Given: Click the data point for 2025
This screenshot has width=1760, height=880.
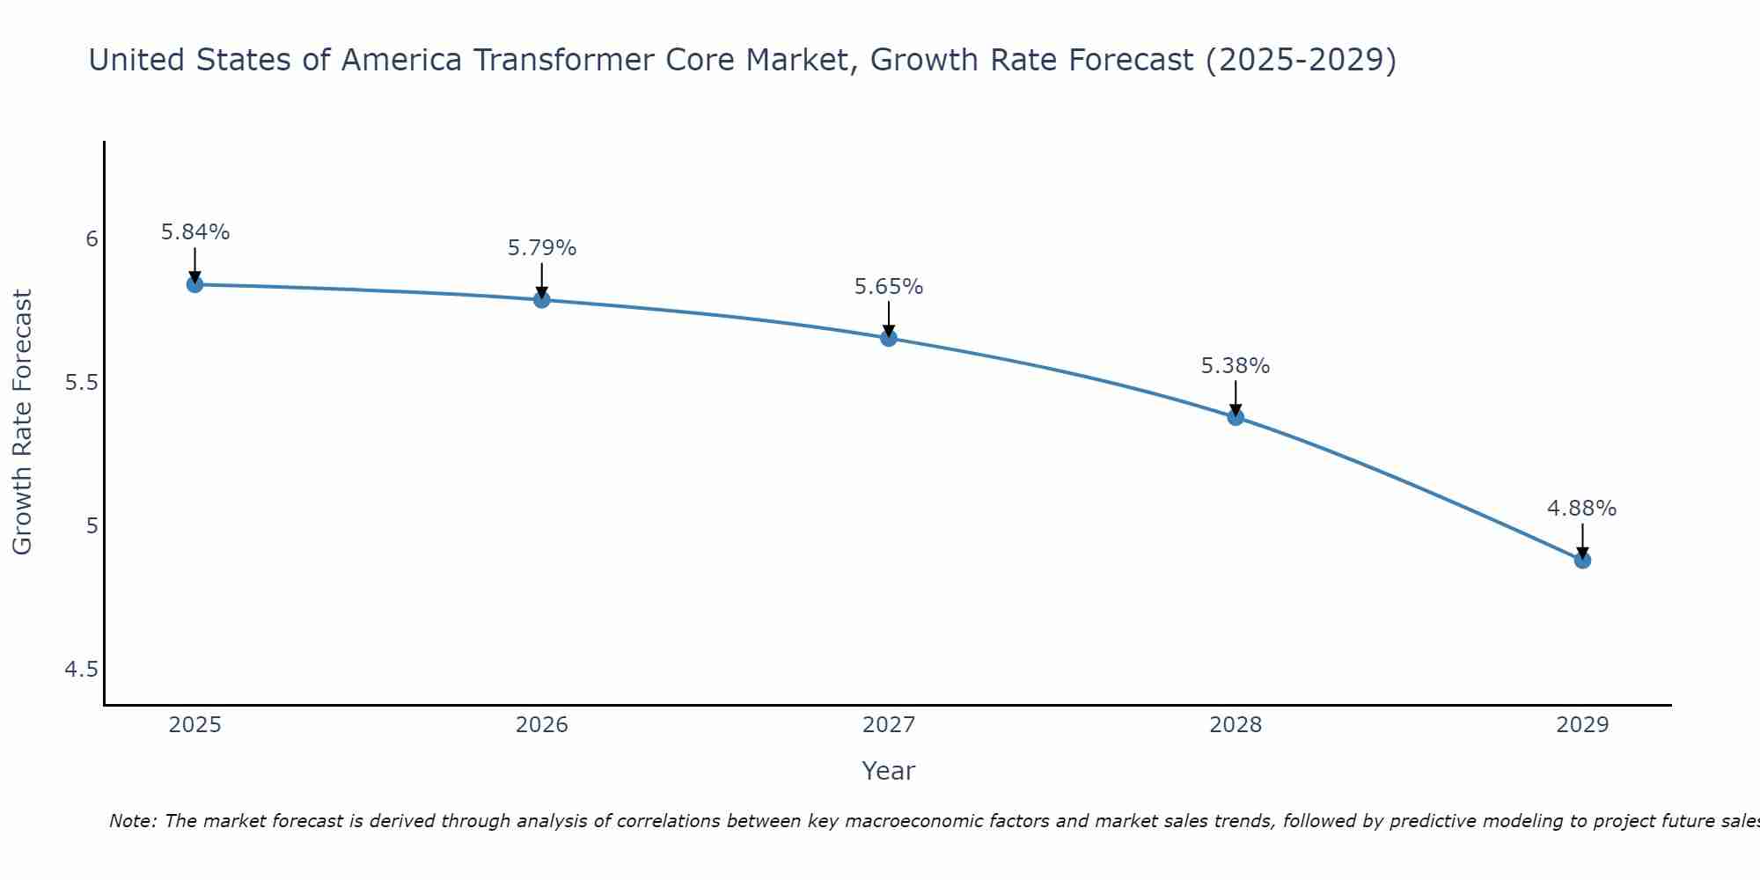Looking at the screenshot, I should pos(194,284).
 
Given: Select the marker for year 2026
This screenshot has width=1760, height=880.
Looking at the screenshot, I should pos(542,300).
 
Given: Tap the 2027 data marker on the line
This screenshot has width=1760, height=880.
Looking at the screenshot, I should pos(889,338).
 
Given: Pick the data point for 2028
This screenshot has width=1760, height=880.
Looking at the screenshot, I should pos(1236,417).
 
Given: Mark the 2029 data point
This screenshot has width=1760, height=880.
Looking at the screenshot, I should pos(1582,560).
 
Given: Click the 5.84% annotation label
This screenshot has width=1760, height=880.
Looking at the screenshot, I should pos(195,232).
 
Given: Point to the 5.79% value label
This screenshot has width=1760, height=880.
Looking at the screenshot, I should pos(542,248).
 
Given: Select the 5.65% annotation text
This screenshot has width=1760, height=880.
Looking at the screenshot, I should pos(889,287).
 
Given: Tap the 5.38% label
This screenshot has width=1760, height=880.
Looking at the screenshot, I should pos(1236,366).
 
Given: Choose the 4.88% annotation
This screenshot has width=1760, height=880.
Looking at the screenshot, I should pos(1582,509).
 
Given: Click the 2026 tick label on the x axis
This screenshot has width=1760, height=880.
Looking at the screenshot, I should pos(542,725).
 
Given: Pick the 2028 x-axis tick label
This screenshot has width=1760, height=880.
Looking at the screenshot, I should pos(1236,725).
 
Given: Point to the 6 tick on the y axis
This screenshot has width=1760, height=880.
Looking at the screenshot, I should pos(92,239).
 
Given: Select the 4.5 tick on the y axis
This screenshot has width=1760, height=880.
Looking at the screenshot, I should pos(81,670).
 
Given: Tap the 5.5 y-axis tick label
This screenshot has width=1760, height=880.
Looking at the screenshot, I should pos(81,383).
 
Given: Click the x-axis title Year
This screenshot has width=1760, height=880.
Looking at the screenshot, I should pos(889,771).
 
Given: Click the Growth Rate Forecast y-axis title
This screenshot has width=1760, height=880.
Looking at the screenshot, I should pos(23,422).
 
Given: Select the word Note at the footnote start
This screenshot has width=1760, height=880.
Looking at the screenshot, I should pos(132,821).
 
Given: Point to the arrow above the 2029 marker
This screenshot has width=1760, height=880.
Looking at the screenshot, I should pos(1582,539).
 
